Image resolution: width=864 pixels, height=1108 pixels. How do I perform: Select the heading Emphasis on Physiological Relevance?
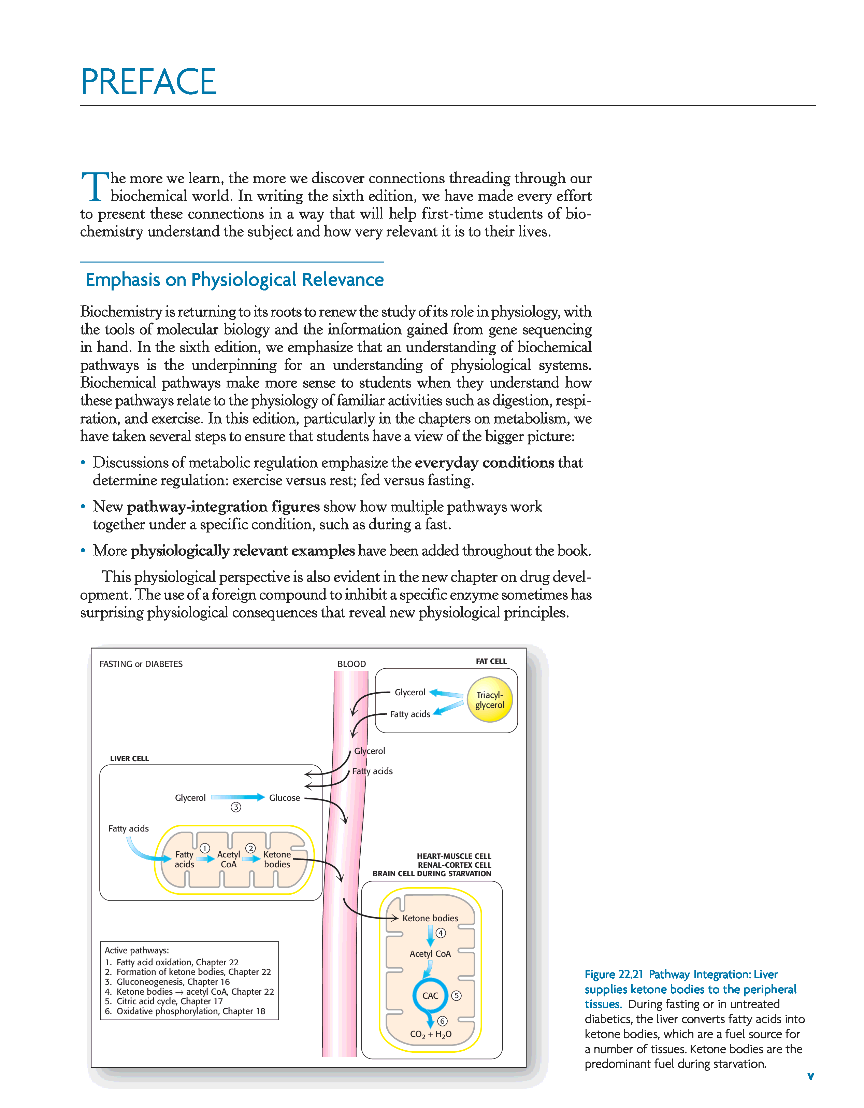(234, 280)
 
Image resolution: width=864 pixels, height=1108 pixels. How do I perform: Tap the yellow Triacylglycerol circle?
(489, 700)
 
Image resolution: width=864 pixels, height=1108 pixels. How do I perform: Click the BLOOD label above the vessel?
(351, 664)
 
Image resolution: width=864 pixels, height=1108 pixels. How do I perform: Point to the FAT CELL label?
(491, 661)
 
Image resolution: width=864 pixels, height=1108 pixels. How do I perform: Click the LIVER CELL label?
(129, 758)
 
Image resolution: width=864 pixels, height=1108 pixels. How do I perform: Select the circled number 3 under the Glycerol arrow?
(236, 807)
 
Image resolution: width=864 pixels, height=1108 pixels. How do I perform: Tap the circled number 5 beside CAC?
(456, 995)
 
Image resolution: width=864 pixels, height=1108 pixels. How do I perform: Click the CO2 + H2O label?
(431, 1034)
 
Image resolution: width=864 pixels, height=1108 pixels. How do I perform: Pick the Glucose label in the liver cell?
(285, 797)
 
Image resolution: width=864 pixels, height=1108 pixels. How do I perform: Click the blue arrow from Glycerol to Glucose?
(237, 797)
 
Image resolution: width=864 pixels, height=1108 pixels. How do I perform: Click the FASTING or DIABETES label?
(141, 664)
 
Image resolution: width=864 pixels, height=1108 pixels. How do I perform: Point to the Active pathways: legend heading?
(136, 950)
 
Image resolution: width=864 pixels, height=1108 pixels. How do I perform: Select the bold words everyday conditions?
(484, 463)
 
